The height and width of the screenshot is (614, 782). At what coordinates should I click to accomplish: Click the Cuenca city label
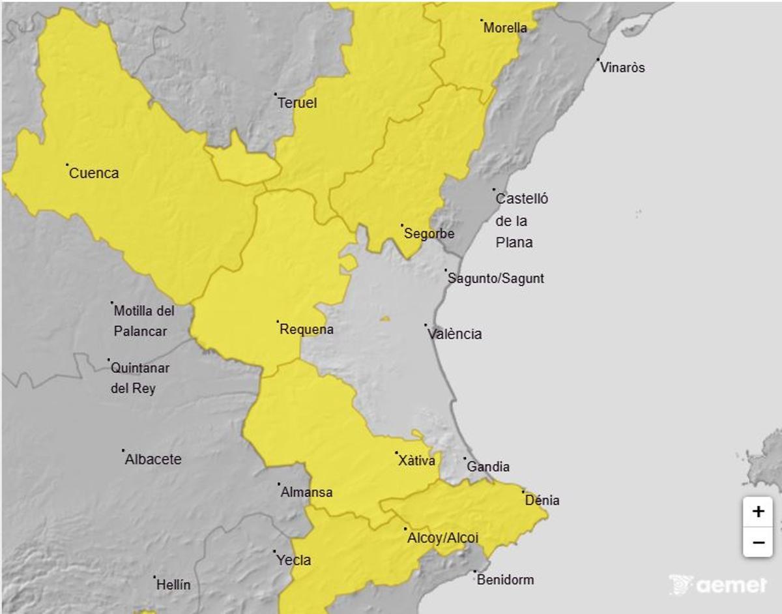click(93, 173)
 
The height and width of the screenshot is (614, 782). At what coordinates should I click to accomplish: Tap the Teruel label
click(297, 103)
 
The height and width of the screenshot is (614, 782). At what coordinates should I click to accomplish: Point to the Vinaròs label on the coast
click(622, 68)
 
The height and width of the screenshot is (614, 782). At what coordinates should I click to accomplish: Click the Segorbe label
click(429, 233)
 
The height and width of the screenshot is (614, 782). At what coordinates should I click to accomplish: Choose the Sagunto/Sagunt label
click(496, 279)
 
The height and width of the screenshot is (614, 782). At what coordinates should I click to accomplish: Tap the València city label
click(455, 334)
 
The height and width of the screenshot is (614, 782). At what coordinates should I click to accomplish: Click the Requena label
click(306, 330)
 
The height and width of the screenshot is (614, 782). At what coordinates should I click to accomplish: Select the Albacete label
click(153, 460)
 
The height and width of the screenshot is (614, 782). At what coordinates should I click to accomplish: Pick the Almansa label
click(306, 493)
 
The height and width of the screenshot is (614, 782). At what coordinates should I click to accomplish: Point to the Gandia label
click(488, 467)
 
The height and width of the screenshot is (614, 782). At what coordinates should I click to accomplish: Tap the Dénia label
click(542, 501)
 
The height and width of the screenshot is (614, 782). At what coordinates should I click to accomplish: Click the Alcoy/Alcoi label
click(442, 538)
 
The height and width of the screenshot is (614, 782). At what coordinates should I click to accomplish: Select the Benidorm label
click(505, 579)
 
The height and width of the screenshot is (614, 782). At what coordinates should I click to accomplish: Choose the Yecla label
click(293, 560)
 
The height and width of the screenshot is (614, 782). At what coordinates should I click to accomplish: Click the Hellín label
click(173, 585)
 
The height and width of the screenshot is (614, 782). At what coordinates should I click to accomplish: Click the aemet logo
click(718, 585)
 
